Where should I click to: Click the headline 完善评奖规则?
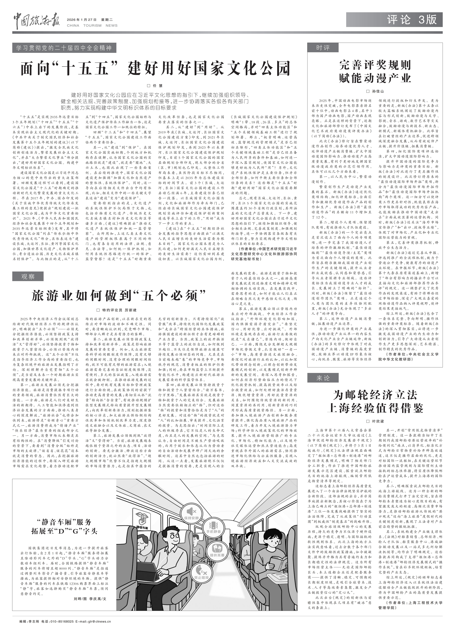tap(375, 65)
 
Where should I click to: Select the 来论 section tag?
tap(323, 378)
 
